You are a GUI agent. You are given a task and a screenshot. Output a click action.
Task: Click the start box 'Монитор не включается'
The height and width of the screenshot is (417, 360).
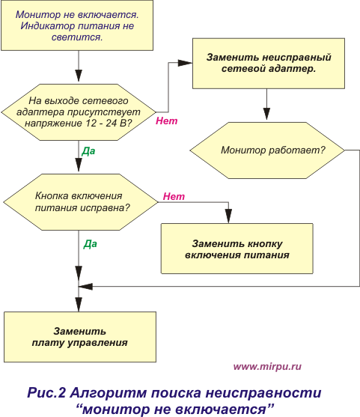(x=77, y=25)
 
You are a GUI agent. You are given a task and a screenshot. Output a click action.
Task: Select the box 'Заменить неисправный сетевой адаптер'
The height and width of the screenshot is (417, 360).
(x=269, y=64)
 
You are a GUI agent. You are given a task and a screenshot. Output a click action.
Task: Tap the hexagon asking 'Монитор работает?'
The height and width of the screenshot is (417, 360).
(x=267, y=150)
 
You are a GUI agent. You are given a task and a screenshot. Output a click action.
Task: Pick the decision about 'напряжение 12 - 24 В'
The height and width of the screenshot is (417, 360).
(x=79, y=112)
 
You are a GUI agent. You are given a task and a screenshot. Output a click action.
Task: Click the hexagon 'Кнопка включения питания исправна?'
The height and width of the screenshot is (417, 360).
(x=81, y=202)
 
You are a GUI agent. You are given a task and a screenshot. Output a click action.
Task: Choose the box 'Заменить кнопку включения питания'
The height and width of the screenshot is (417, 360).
(x=237, y=249)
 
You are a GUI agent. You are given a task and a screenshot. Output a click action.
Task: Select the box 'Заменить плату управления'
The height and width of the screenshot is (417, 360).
(x=80, y=337)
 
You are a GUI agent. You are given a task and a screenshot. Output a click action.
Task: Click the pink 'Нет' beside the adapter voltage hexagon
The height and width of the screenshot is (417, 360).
(x=166, y=121)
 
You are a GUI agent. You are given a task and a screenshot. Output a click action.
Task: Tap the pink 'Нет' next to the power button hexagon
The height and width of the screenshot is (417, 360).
(x=174, y=196)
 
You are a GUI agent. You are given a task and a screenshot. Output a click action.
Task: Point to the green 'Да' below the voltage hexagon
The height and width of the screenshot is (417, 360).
(x=88, y=151)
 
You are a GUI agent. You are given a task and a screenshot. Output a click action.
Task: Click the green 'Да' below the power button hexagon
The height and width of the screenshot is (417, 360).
(x=91, y=244)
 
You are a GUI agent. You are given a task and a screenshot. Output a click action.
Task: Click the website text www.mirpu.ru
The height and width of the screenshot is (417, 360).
(x=267, y=367)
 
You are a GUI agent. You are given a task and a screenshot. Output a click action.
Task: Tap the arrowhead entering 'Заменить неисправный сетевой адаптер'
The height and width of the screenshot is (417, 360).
(x=185, y=63)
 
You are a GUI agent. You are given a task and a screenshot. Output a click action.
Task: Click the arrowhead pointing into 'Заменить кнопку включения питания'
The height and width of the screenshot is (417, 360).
(x=228, y=216)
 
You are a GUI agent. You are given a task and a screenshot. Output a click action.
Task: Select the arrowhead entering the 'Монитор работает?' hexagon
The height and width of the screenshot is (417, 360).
(x=266, y=114)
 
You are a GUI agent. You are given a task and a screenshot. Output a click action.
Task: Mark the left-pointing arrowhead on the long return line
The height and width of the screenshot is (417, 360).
(x=85, y=287)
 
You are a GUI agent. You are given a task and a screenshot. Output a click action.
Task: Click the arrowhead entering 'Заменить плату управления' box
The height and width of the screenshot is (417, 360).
(x=79, y=305)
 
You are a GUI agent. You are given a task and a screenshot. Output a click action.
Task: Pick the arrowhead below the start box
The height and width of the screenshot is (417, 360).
(x=79, y=76)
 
